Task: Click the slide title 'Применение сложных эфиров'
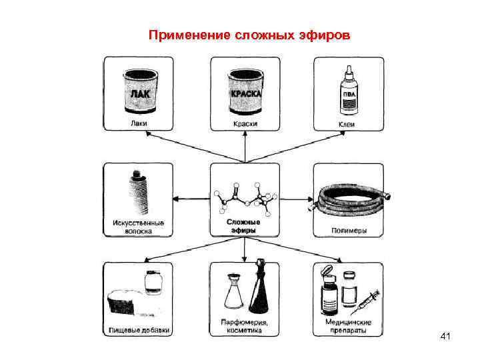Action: click(x=248, y=34)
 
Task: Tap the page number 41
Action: click(x=446, y=338)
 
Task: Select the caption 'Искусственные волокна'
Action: click(x=138, y=227)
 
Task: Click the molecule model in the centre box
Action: click(x=245, y=195)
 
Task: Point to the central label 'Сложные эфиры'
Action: click(x=244, y=224)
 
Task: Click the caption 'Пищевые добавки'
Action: click(x=139, y=329)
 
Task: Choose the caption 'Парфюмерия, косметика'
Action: click(x=245, y=326)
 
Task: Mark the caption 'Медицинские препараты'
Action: click(x=349, y=326)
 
